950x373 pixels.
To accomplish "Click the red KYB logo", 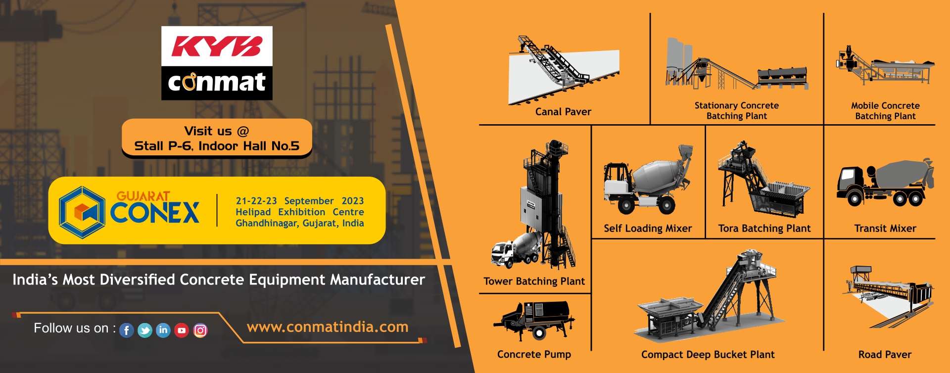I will pyautogui.click(x=217, y=47).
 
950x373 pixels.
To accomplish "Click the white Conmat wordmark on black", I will pyautogui.click(x=217, y=83).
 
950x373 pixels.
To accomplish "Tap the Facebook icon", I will pyautogui.click(x=127, y=330).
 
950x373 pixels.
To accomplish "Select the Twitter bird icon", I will pyautogui.click(x=145, y=330).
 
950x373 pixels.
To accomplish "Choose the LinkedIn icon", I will pyautogui.click(x=163, y=330).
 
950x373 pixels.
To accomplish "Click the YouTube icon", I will pyautogui.click(x=182, y=330).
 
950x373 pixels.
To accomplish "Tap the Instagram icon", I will pyautogui.click(x=200, y=330).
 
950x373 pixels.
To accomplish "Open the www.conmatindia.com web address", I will pyautogui.click(x=328, y=327).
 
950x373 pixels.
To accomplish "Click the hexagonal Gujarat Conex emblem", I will pyautogui.click(x=82, y=212).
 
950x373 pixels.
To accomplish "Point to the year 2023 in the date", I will pyautogui.click(x=353, y=201).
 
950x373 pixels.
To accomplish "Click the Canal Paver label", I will pyautogui.click(x=563, y=112).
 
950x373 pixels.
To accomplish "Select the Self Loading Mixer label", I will pyautogui.click(x=648, y=229).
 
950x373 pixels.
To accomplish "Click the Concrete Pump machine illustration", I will pyautogui.click(x=534, y=321).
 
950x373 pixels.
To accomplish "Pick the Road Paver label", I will pyautogui.click(x=885, y=355).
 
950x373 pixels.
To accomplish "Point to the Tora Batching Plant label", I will pyautogui.click(x=764, y=229).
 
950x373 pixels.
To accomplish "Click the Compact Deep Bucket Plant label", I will pyautogui.click(x=708, y=355).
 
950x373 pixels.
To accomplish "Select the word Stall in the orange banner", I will pyautogui.click(x=149, y=146).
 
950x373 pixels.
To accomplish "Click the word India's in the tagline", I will pyautogui.click(x=35, y=280).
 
